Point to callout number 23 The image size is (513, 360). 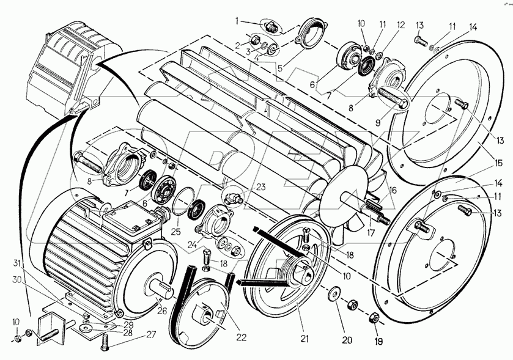[x=243, y=186]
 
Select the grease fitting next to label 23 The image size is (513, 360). [x=232, y=199]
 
